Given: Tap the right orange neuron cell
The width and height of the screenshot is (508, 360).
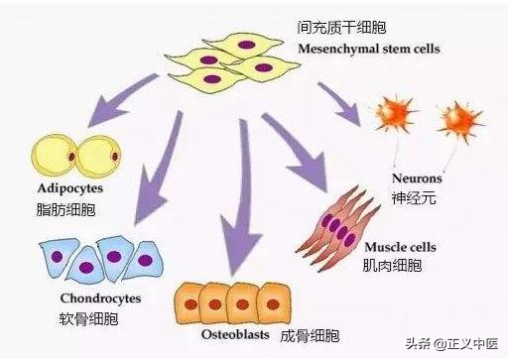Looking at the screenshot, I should pos(457,119).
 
